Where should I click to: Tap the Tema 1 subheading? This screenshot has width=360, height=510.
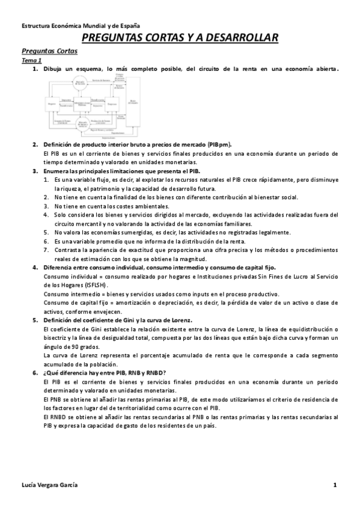(32, 61)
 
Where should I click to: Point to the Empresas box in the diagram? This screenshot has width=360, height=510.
(111, 104)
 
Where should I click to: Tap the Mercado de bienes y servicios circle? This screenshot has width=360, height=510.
(81, 124)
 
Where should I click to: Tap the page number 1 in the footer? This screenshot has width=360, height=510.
(335, 485)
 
